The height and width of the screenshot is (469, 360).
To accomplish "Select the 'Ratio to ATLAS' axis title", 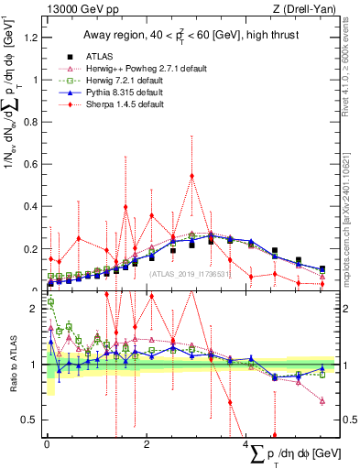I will (11, 365).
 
